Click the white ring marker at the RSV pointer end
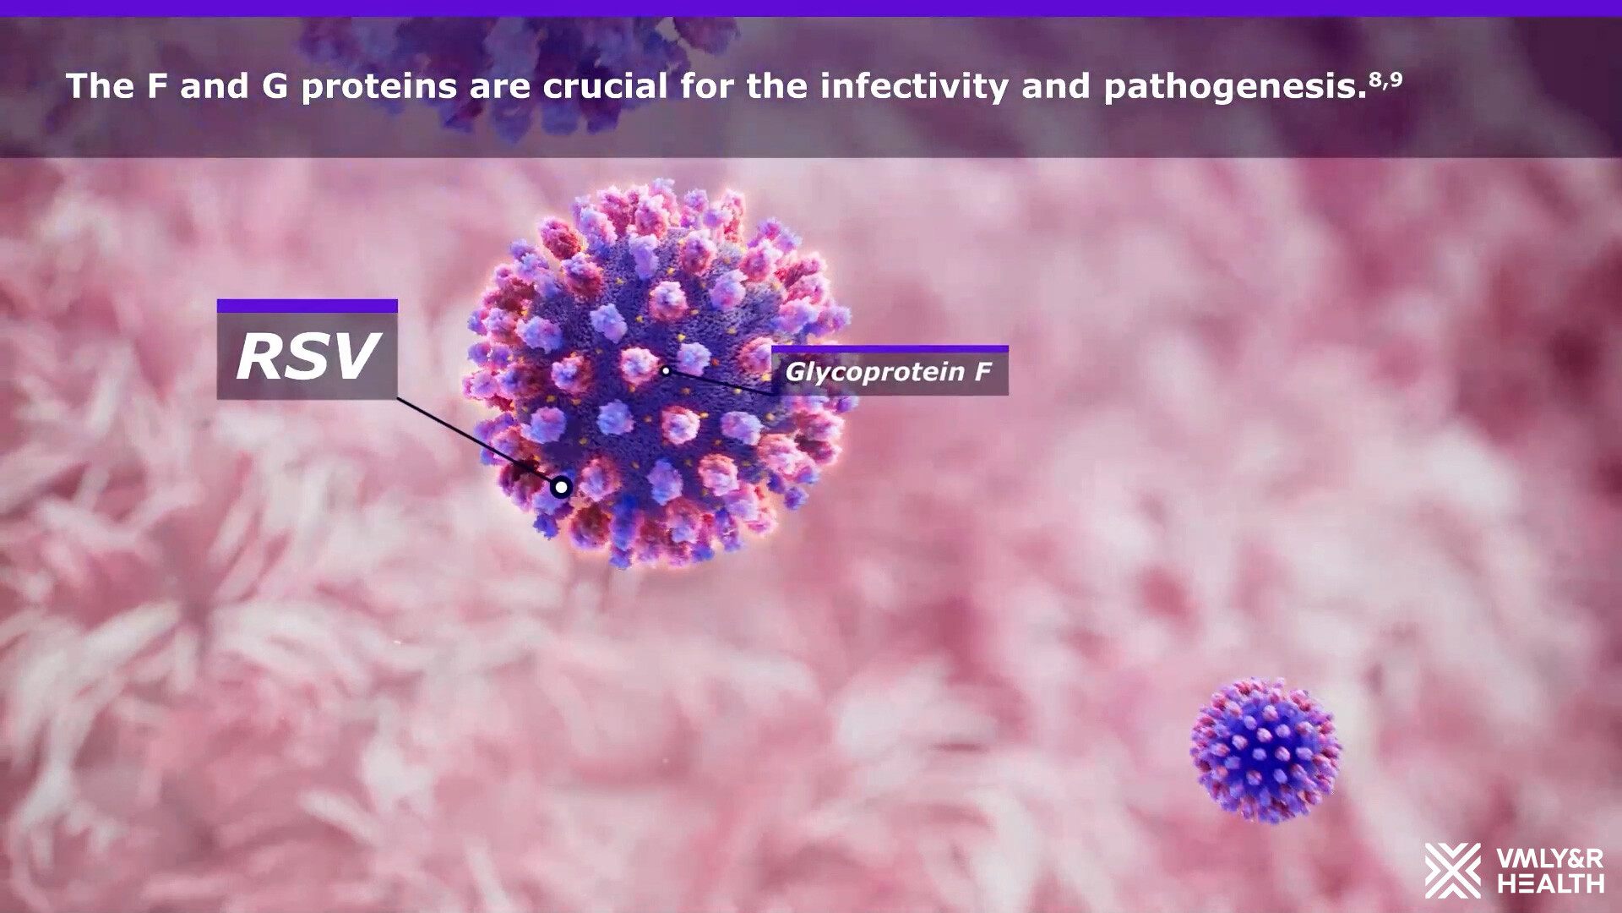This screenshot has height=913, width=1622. [x=561, y=487]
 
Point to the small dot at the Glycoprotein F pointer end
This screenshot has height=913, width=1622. [x=666, y=370]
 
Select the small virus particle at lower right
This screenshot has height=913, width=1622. [x=1265, y=750]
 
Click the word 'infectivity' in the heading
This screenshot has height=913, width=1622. [x=914, y=87]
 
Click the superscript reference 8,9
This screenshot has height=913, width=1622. [x=1385, y=80]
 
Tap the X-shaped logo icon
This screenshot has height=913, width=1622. [x=1453, y=871]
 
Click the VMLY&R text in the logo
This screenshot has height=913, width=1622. [x=1550, y=860]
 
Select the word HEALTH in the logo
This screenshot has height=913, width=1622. [x=1550, y=884]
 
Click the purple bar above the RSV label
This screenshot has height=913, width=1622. [x=308, y=306]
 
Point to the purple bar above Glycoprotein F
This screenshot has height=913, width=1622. [x=890, y=348]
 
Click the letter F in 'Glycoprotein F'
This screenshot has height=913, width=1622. [x=982, y=371]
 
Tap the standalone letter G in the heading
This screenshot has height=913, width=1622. [x=275, y=86]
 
